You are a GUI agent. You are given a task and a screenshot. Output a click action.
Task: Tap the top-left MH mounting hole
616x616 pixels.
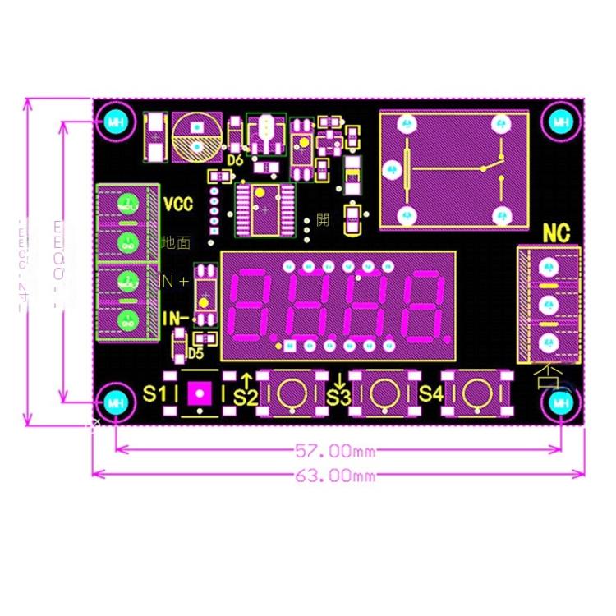(115, 122)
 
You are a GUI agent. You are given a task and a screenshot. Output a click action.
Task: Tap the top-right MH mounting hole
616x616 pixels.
(561, 122)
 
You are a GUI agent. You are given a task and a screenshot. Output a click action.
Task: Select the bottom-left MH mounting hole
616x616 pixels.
(115, 402)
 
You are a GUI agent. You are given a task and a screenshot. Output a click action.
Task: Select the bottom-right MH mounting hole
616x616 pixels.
(561, 402)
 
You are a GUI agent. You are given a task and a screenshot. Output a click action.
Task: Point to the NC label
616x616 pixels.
(556, 234)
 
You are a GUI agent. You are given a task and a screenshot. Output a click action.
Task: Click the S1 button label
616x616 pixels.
(154, 393)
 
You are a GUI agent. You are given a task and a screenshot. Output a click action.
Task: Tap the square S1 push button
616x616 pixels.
(198, 393)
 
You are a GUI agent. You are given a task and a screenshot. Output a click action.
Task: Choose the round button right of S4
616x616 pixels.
(475, 393)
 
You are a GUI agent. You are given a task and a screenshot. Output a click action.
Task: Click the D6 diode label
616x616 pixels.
(236, 160)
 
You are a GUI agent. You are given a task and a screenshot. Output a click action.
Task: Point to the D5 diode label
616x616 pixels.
(195, 354)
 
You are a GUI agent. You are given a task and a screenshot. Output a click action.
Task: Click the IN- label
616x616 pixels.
(175, 319)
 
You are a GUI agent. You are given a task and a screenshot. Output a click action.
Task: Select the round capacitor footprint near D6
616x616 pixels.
(197, 136)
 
